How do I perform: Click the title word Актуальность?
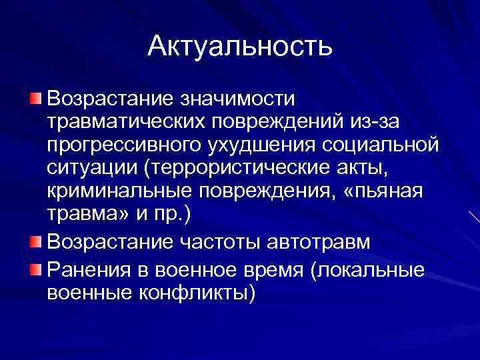point(239,47)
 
